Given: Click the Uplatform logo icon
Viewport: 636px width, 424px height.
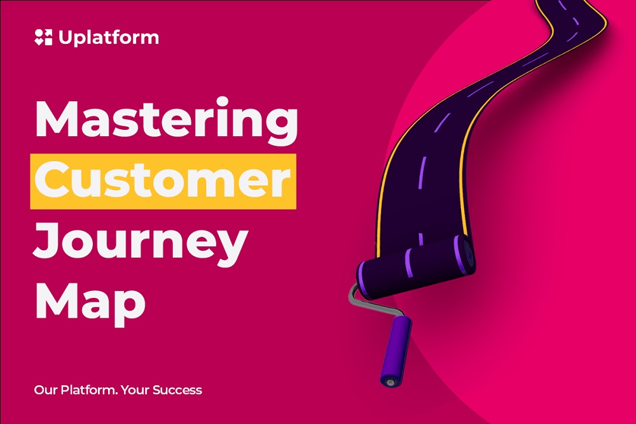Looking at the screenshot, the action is tap(43, 37).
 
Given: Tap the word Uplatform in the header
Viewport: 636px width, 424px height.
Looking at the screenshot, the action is tap(109, 38).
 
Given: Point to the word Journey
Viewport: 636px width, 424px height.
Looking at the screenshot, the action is tap(141, 241).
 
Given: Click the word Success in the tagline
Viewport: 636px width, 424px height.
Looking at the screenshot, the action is tap(177, 390).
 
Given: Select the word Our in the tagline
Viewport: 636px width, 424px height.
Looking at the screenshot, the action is tap(46, 390).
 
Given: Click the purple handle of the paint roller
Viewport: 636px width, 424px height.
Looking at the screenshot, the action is tap(396, 350).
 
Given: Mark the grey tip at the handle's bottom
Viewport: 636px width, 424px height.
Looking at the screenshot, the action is tap(390, 382).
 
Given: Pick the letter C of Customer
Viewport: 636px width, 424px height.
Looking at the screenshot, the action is tap(53, 179).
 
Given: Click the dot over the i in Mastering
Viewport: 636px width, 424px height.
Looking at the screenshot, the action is tap(222, 101).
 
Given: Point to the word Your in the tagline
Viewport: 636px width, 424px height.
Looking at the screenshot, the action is tap(135, 390).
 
